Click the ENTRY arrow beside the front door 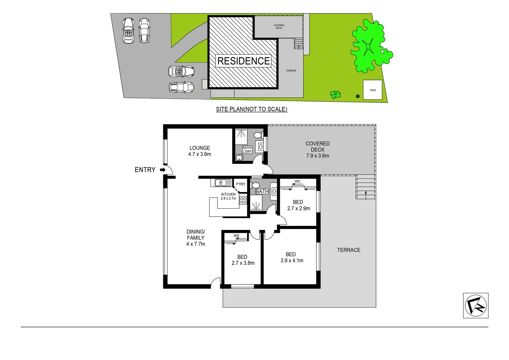pyautogui.click(x=163, y=170)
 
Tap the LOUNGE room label pyautogui.click(x=200, y=148)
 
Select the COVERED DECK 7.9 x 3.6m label pyautogui.click(x=317, y=150)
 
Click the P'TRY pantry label pyautogui.click(x=241, y=184)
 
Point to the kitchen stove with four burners pyautogui.click(x=243, y=200)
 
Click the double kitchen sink pyautogui.click(x=223, y=183)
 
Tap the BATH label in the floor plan pyautogui.click(x=262, y=191)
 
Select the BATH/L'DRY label pyautogui.click(x=247, y=150)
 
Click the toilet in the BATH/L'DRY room pyautogui.click(x=257, y=135)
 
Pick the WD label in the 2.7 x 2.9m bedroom pyautogui.click(x=297, y=182)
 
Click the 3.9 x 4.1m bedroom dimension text pyautogui.click(x=292, y=261)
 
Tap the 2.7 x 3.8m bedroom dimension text pyautogui.click(x=243, y=263)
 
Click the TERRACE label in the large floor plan pyautogui.click(x=348, y=250)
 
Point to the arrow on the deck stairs pyautogui.click(x=366, y=195)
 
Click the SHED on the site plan pyautogui.click(x=373, y=90)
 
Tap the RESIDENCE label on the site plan pyautogui.click(x=244, y=61)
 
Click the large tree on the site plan pyautogui.click(x=369, y=47)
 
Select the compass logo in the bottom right pyautogui.click(x=476, y=306)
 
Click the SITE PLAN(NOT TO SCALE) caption pyautogui.click(x=252, y=109)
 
